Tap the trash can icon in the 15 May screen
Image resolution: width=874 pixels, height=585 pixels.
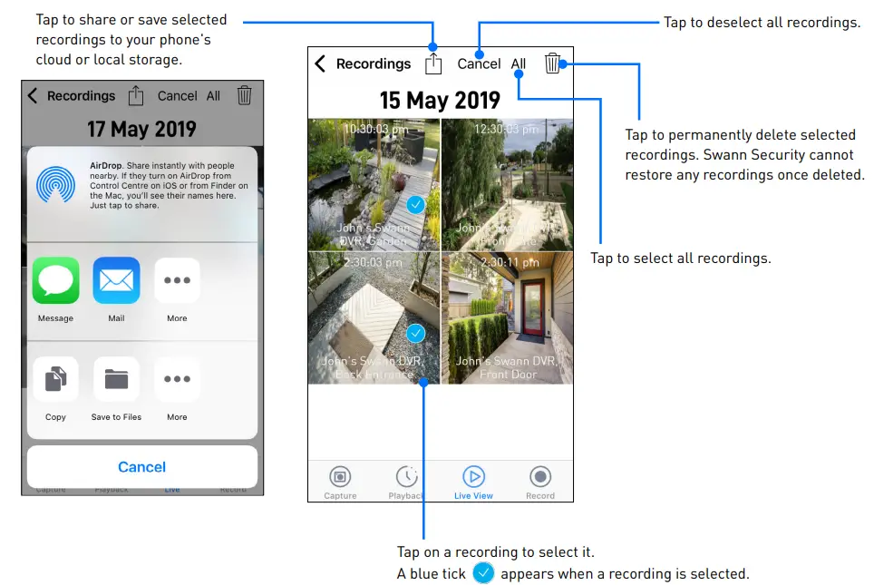pos(552,63)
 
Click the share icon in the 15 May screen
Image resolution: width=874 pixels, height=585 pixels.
pos(433,63)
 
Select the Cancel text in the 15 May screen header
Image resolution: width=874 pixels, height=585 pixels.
pos(479,63)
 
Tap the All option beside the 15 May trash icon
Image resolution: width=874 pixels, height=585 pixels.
pos(519,63)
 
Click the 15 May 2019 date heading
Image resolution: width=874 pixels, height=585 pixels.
pos(440,99)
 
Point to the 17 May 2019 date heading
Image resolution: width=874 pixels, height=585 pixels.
pos(141,129)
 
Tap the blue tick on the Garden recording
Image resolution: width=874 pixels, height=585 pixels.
pos(416,204)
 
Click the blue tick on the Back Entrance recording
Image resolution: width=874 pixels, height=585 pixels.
pos(416,334)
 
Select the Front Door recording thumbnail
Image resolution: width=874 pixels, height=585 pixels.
pos(507,317)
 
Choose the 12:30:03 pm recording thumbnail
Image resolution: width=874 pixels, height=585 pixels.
pos(507,184)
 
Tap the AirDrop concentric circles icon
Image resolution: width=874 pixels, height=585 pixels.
pos(55,184)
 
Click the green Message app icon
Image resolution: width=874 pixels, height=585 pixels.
pos(55,280)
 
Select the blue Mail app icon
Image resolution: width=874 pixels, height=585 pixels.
pos(116,280)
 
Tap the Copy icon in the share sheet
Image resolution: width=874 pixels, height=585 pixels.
pos(55,379)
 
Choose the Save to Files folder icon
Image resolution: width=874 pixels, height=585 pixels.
pos(116,379)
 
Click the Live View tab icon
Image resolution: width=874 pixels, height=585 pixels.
pos(473,477)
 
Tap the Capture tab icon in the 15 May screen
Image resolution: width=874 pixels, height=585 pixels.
pos(340,477)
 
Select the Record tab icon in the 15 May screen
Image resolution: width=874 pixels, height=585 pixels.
pos(540,477)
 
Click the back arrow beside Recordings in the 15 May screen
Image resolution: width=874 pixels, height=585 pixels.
pos(320,63)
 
